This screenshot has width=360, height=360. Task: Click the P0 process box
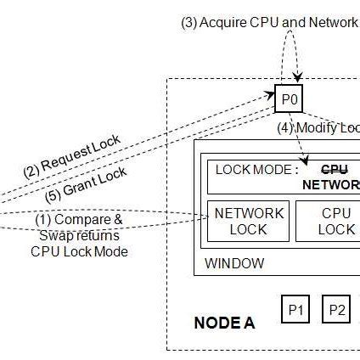(289, 100)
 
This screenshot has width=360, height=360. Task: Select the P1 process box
(296, 310)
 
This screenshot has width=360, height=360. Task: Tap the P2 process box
(337, 310)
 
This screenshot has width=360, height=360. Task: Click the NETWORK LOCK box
(249, 221)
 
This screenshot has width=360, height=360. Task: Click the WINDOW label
(234, 262)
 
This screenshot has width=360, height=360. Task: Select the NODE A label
(224, 323)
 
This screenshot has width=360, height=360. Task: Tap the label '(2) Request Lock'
(71, 155)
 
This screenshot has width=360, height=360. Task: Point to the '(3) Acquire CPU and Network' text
(269, 22)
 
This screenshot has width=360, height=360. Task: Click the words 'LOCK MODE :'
(257, 169)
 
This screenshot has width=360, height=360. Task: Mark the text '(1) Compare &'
(78, 220)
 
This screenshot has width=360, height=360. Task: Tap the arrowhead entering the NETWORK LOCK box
(206, 218)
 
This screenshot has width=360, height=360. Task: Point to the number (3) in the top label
(188, 22)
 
